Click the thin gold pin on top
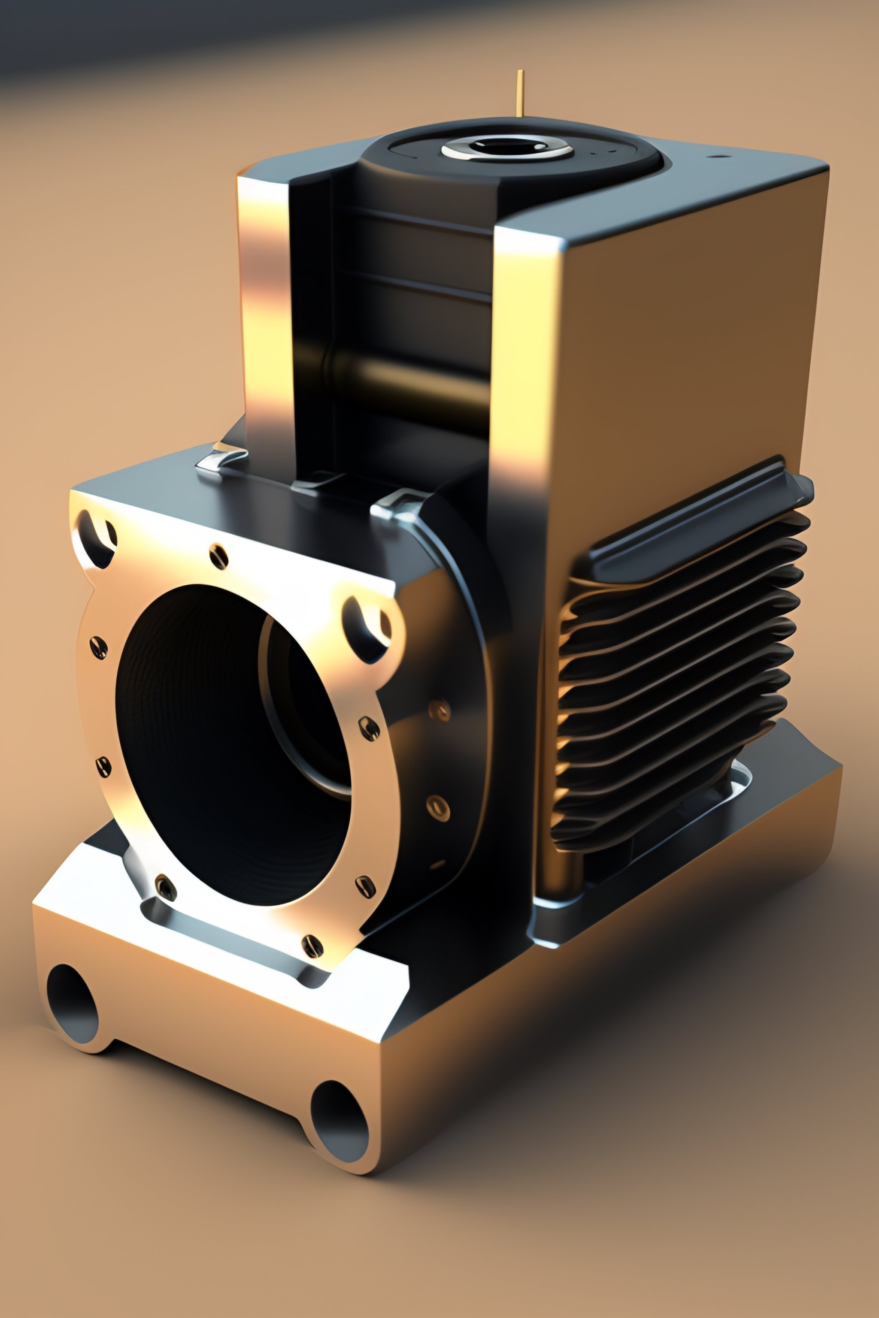coord(520,93)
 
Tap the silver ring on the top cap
coord(506,148)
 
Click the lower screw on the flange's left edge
coord(103,766)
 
